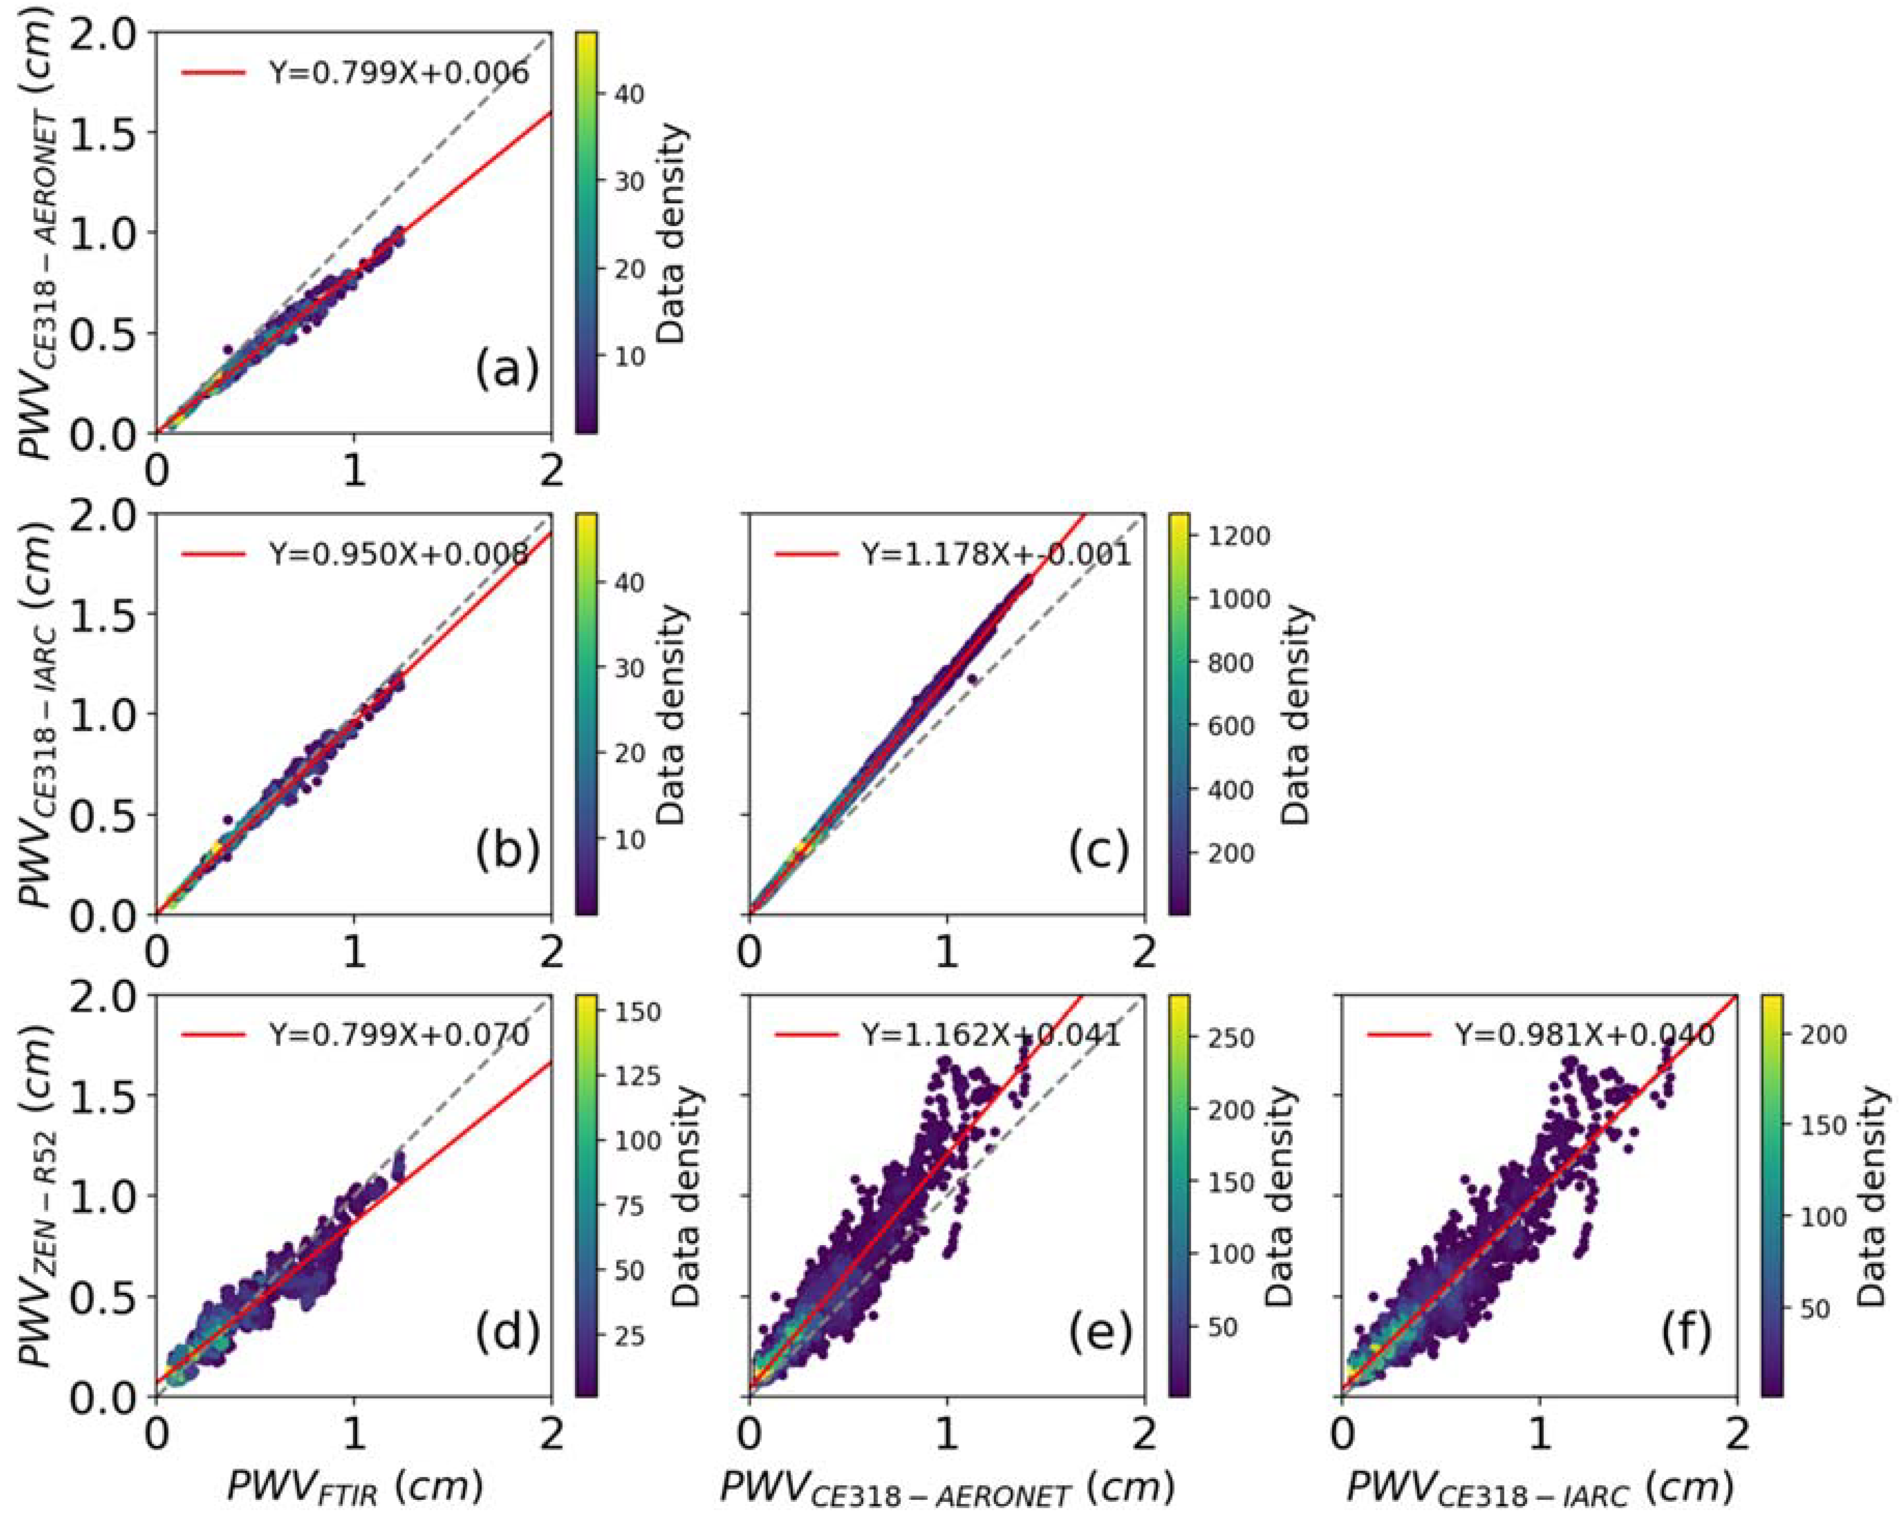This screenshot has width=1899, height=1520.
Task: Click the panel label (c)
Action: click(1100, 852)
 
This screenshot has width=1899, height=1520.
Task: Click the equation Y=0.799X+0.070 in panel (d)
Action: click(398, 1035)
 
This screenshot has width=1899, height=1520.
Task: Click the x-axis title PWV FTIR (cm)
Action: click(355, 1486)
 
